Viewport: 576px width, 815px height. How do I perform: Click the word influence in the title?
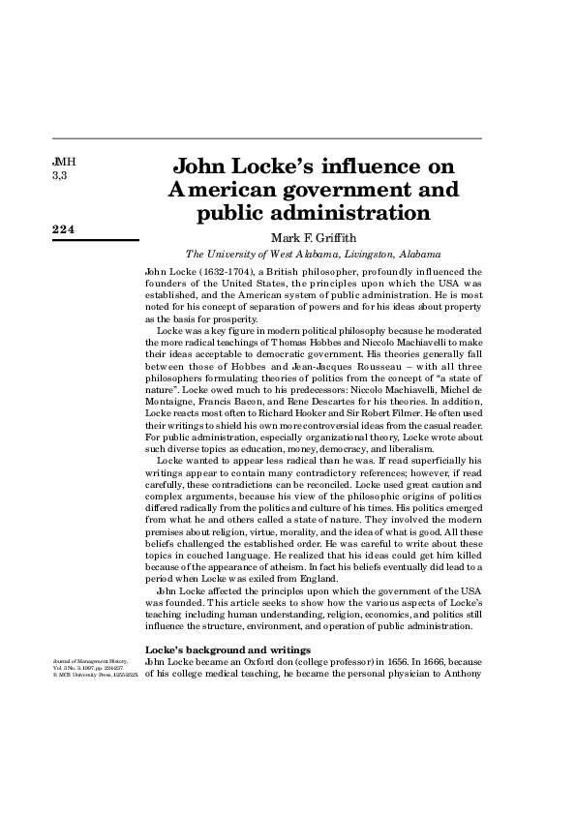pyautogui.click(x=375, y=165)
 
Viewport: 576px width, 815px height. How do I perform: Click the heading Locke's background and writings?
pyautogui.click(x=227, y=648)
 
